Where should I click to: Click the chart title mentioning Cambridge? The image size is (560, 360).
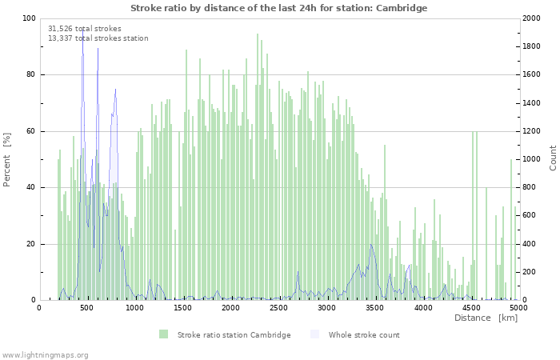278,8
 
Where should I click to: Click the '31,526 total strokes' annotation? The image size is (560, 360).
85,29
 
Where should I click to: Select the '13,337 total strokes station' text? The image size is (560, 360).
98,38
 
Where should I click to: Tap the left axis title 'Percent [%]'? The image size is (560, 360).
8,160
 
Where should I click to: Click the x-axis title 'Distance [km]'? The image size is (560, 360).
486,318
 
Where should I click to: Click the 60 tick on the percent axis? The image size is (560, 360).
31,131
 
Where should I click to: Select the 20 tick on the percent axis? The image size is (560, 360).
31,244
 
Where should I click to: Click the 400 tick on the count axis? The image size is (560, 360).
529,244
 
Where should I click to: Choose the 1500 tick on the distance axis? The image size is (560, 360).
183,307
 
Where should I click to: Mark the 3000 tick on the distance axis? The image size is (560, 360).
326,307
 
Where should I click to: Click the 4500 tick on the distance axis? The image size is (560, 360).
470,307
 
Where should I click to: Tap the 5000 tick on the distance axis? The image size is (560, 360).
518,307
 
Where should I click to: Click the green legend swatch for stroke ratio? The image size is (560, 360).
163,334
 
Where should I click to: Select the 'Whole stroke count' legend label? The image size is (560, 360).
364,334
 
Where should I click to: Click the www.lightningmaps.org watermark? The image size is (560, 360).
45,354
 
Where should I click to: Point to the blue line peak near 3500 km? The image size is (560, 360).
371,245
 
